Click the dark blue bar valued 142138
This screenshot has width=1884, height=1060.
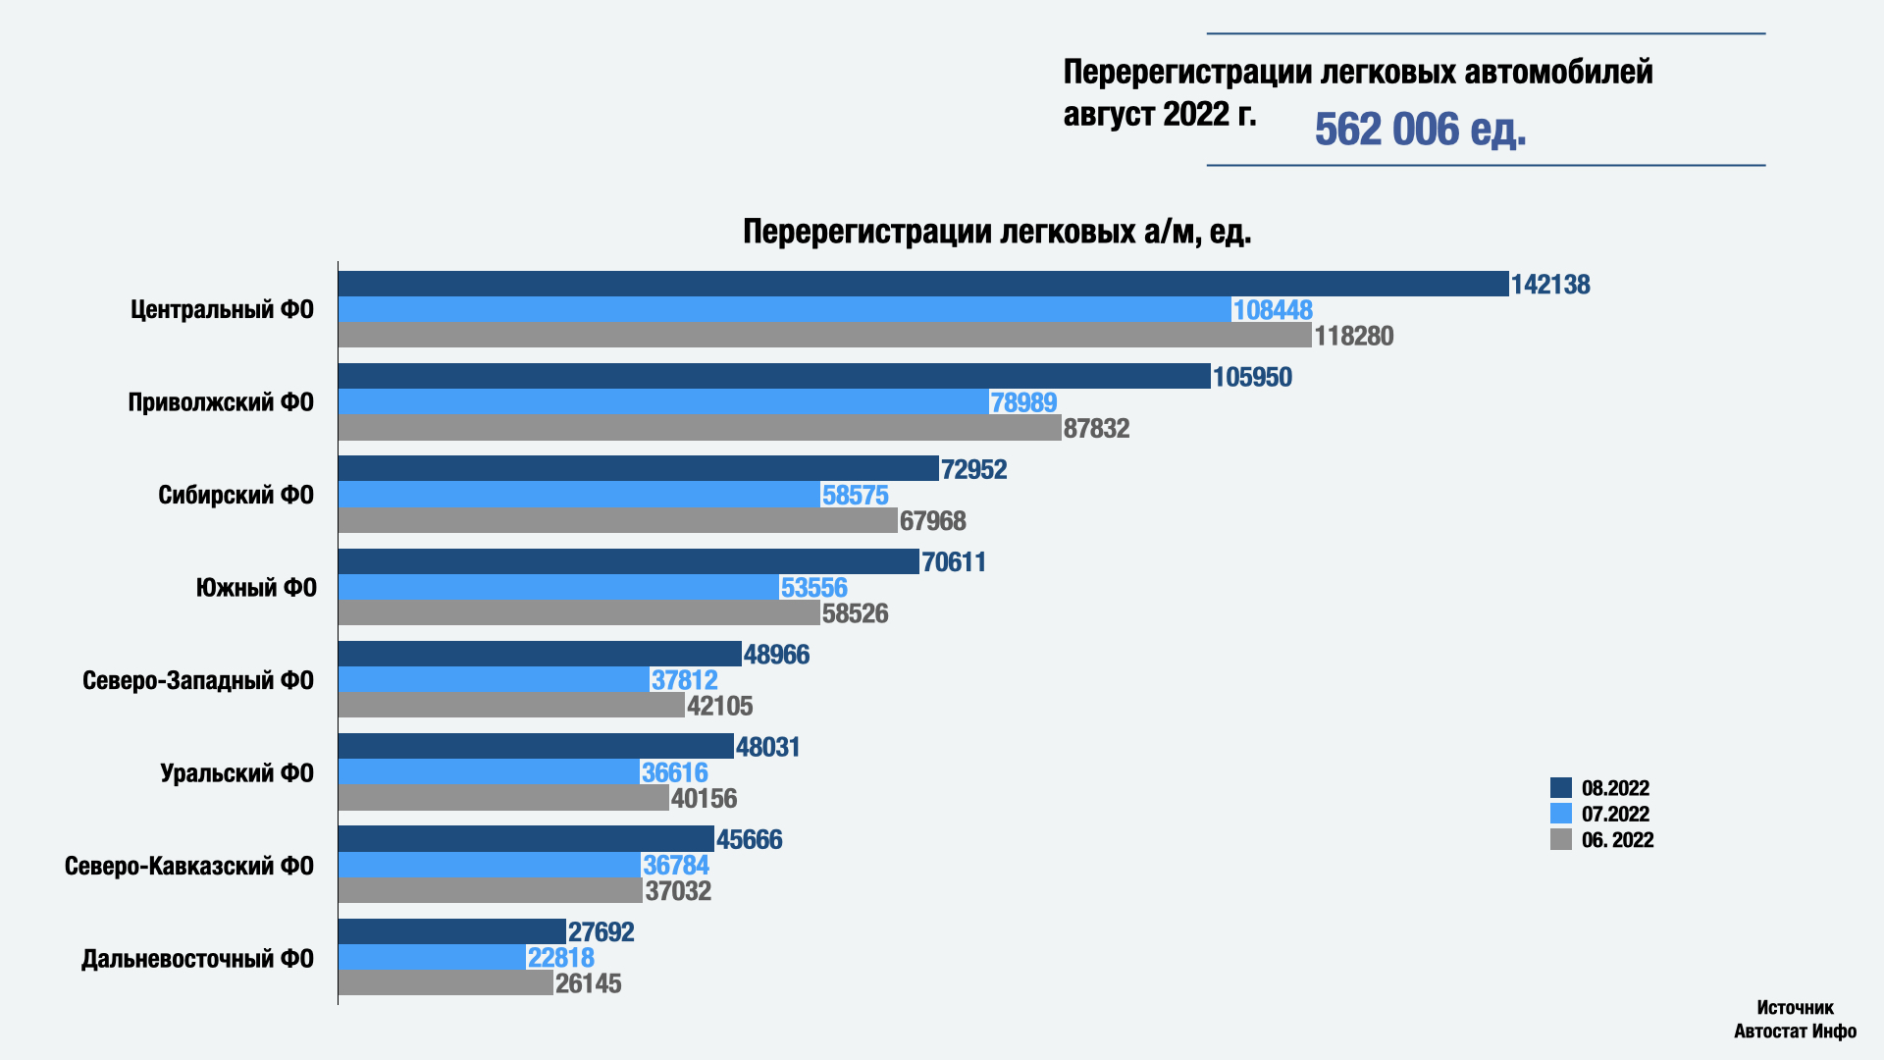pyautogui.click(x=922, y=284)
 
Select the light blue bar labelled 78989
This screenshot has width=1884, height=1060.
pyautogui.click(x=663, y=401)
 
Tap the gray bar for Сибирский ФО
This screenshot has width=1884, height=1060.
pyautogui.click(x=618, y=520)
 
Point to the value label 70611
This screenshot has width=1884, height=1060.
pyautogui.click(x=954, y=562)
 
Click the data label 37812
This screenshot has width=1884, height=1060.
pyautogui.click(x=685, y=679)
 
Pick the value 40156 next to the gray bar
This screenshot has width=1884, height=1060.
pyautogui.click(x=705, y=798)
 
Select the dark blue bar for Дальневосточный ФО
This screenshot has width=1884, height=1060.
pyautogui.click(x=452, y=931)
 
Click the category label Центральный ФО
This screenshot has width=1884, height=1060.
pyautogui.click(x=222, y=310)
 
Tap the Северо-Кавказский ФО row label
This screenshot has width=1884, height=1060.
pyautogui.click(x=189, y=866)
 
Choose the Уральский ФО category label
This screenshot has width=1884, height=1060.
pyautogui.click(x=236, y=773)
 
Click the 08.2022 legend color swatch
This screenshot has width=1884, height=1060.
pyautogui.click(x=1561, y=788)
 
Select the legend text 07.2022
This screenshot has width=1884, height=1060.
pyautogui.click(x=1615, y=814)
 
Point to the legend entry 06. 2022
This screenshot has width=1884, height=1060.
pyautogui.click(x=1617, y=840)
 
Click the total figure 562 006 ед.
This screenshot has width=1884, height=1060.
pyautogui.click(x=1420, y=130)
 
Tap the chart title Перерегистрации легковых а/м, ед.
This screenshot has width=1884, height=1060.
pyautogui.click(x=997, y=232)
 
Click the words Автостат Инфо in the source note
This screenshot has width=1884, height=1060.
pyautogui.click(x=1795, y=1032)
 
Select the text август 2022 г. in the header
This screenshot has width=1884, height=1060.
pyautogui.click(x=1159, y=115)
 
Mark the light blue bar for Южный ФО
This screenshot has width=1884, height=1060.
pyautogui.click(x=558, y=587)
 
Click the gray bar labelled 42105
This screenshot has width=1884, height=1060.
pyautogui.click(x=511, y=705)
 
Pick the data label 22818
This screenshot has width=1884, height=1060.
pyautogui.click(x=561, y=958)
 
